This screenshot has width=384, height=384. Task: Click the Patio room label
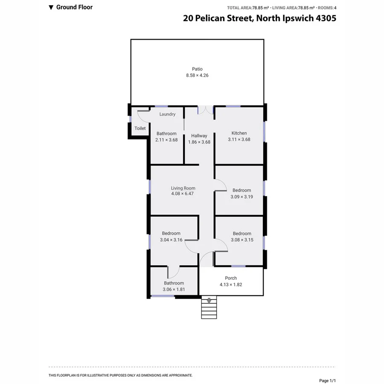coord(197,69)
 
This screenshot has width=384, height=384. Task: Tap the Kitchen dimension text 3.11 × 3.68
coord(239,140)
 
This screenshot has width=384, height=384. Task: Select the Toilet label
coord(140,128)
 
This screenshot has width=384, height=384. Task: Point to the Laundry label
coord(167,114)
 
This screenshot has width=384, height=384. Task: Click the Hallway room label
coord(199,136)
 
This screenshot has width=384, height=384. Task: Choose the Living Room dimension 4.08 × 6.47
coord(183,194)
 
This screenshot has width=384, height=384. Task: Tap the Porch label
coord(231,278)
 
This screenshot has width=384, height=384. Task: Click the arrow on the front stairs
coord(209,301)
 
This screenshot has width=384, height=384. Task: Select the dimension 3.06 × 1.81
coord(174,290)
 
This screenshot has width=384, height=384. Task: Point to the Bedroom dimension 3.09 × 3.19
coord(241,197)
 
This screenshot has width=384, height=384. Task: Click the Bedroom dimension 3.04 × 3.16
coord(171,240)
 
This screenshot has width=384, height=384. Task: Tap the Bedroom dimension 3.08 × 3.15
coord(242,240)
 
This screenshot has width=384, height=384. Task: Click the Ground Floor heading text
coord(74,7)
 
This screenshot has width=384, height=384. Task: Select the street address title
coord(259,18)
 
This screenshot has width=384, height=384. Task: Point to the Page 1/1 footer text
coord(328,380)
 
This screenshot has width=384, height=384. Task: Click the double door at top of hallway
coord(206,110)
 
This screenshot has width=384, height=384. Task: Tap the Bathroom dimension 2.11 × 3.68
coord(166,140)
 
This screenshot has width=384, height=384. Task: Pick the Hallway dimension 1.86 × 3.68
coord(199,142)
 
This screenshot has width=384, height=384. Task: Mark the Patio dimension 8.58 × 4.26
coord(197,75)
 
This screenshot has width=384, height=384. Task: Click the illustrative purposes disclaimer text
coord(121,375)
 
